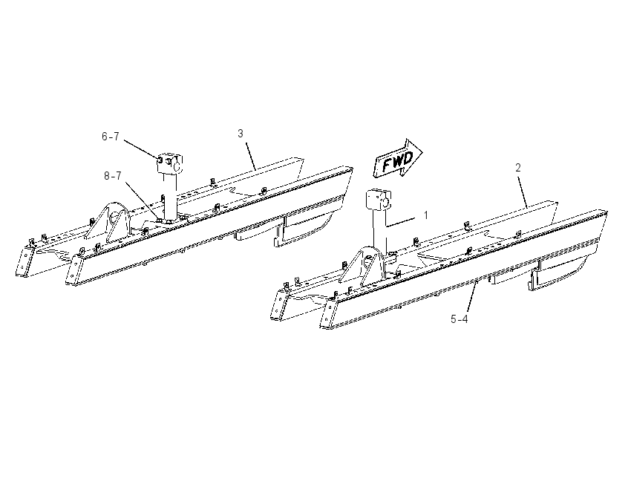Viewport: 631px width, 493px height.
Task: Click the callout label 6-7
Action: coord(111,137)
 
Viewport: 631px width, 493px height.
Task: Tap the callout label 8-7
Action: coord(112,176)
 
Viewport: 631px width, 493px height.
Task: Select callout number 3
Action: coord(241,134)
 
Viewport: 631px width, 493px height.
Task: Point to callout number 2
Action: coord(518,167)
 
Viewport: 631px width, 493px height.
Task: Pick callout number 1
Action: coord(426,215)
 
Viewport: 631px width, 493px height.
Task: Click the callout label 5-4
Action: coord(460,319)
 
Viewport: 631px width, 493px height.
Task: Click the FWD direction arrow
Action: coord(398,159)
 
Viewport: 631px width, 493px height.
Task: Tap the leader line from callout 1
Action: coord(400,222)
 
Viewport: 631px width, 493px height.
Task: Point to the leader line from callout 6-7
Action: coord(142,149)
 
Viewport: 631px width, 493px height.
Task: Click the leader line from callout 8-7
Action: coord(142,200)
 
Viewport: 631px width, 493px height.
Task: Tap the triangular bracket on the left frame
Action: coord(108,223)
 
